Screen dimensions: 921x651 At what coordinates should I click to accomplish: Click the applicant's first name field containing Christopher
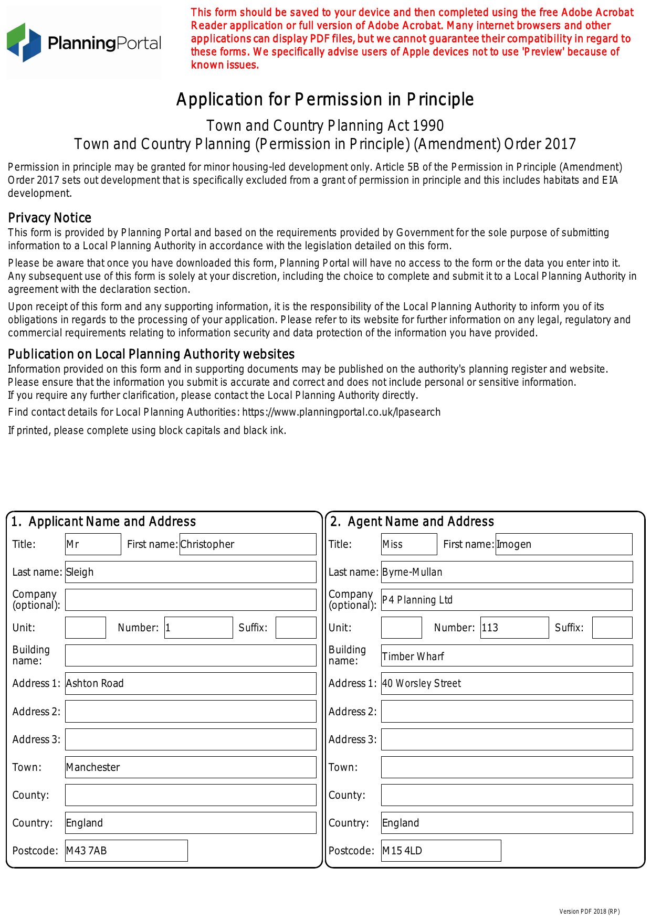(247, 544)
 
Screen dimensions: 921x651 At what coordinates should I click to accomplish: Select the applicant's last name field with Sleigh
(191, 572)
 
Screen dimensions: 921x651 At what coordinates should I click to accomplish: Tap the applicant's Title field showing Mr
(93, 544)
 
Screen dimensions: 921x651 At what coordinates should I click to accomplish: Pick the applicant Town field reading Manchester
(191, 767)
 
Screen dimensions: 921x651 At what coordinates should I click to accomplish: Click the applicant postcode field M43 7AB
(126, 851)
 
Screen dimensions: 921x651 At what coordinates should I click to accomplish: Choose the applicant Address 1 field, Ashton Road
(191, 683)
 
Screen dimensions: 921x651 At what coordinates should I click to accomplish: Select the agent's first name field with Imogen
(564, 544)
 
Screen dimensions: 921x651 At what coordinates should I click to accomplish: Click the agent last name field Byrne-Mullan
(507, 572)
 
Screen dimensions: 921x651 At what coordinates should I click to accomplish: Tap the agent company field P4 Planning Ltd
(507, 600)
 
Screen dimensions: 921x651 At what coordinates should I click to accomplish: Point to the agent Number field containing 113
(514, 628)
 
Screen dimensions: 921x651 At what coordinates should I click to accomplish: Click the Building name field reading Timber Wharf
(507, 656)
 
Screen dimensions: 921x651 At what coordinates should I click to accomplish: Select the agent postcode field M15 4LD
(441, 851)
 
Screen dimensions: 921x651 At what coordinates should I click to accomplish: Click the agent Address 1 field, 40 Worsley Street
(507, 683)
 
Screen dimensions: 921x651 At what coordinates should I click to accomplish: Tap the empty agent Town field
(507, 767)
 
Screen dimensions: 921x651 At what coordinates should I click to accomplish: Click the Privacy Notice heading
(50, 218)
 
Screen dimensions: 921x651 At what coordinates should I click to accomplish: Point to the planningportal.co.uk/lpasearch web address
(341, 412)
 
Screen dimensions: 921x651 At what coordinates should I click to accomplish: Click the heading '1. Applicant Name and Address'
(103, 522)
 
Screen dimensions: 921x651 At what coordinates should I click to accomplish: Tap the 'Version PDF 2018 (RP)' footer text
(589, 912)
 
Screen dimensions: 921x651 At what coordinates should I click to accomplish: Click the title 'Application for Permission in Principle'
(325, 100)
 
